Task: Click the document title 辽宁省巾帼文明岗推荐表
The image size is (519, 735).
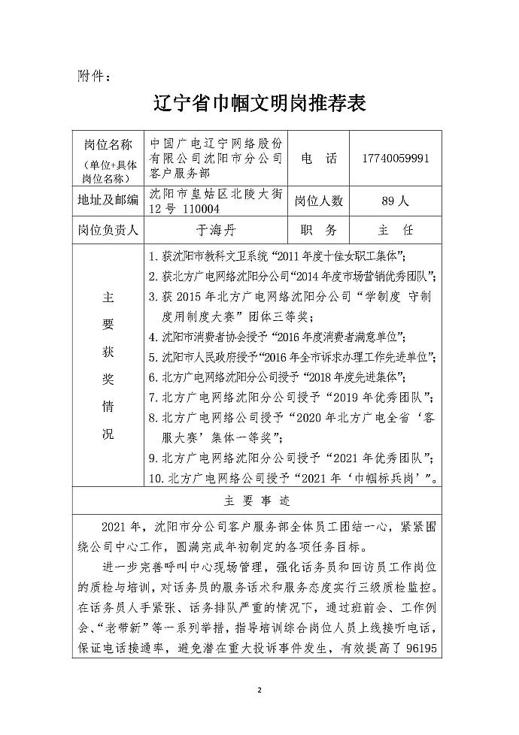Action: tap(259, 103)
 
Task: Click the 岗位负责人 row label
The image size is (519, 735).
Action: tap(108, 229)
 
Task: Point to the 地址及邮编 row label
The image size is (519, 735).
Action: tap(108, 201)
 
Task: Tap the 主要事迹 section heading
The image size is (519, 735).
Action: tap(259, 500)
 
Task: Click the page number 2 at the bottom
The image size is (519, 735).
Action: tap(259, 688)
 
